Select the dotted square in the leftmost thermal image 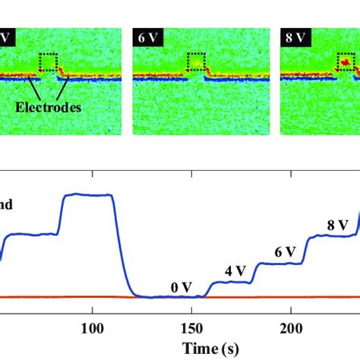click(x=49, y=63)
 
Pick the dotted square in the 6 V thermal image click(x=197, y=63)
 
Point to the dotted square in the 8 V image click(x=345, y=63)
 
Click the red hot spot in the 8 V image click(x=345, y=60)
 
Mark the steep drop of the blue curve click(x=122, y=251)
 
